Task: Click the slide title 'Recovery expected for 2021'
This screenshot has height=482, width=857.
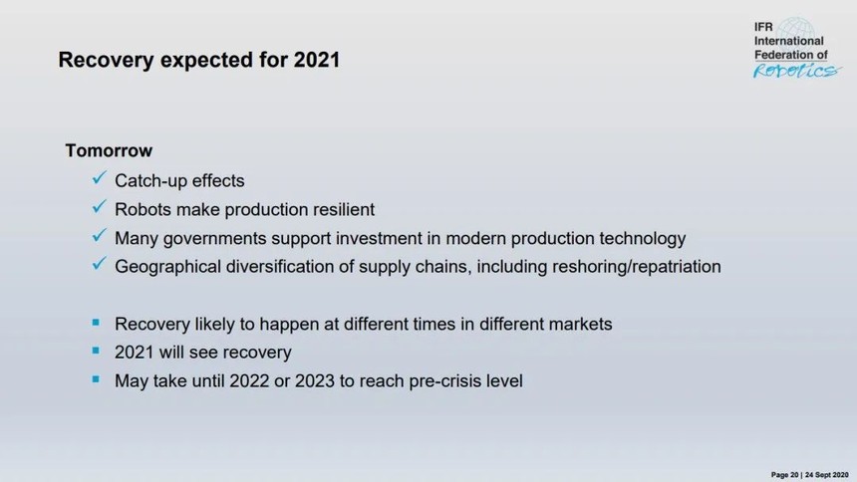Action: [199, 60]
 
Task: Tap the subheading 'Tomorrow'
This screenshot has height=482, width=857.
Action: [109, 150]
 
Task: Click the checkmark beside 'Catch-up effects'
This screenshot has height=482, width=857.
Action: [99, 178]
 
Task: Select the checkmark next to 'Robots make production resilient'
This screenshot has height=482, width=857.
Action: [99, 207]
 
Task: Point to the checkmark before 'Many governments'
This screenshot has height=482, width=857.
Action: [99, 236]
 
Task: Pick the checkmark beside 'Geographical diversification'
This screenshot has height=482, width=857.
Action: [99, 264]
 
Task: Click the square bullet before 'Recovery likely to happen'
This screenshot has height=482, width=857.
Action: [97, 323]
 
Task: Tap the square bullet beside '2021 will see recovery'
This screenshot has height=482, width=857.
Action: [97, 351]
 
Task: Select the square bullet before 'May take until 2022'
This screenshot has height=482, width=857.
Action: [97, 379]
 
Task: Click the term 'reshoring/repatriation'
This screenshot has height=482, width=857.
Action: [636, 267]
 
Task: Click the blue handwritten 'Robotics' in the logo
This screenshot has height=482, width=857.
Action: [796, 71]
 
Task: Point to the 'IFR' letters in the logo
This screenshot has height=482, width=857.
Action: [763, 27]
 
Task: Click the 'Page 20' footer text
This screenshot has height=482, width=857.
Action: [785, 475]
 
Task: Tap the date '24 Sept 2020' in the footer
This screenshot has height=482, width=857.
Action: [826, 475]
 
